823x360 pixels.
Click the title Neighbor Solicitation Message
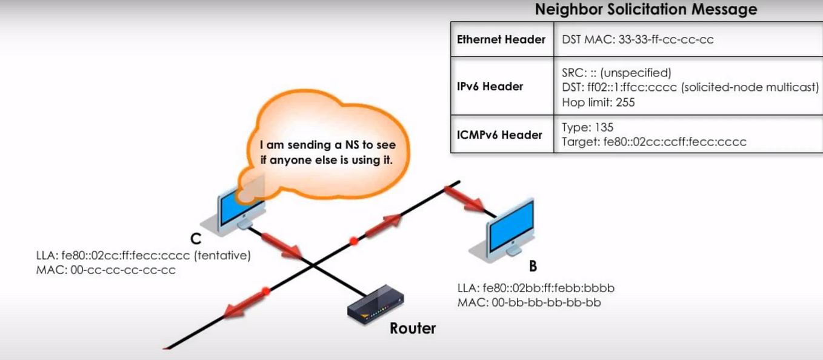tap(645, 10)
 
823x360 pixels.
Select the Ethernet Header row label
tap(501, 39)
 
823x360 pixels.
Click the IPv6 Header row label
tap(490, 87)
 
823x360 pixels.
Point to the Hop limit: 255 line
tap(598, 102)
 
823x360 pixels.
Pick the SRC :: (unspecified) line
tap(616, 73)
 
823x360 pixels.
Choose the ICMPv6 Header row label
tap(499, 135)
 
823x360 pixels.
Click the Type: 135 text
tap(588, 127)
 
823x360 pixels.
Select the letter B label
tap(533, 265)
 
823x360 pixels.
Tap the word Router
tap(412, 329)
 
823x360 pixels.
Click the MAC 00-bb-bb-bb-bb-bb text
tap(529, 302)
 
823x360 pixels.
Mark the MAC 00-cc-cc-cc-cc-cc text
tap(106, 270)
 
